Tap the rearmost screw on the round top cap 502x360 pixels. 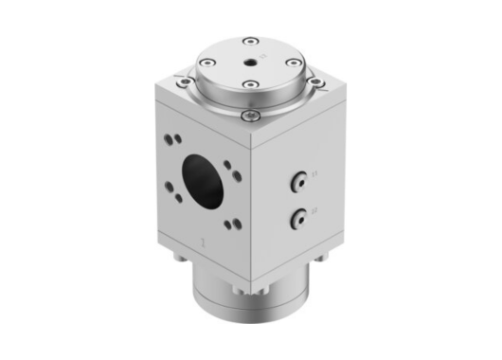pos(248,41)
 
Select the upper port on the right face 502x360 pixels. pos(300,178)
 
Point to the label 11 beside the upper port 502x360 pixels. pos(316,174)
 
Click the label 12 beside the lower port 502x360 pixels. pos(316,211)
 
